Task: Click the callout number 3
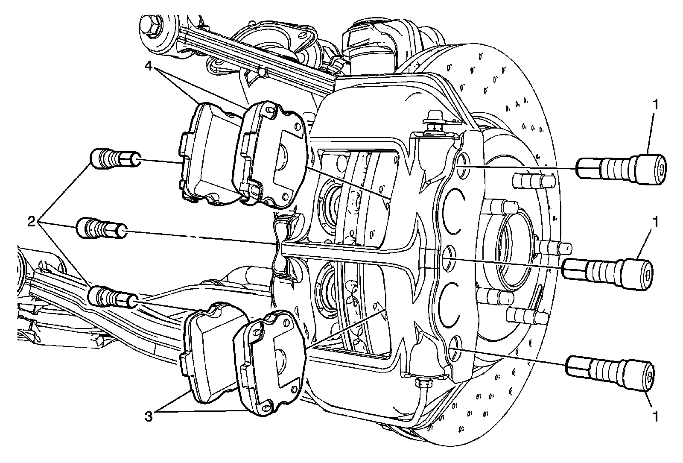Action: point(149,416)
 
